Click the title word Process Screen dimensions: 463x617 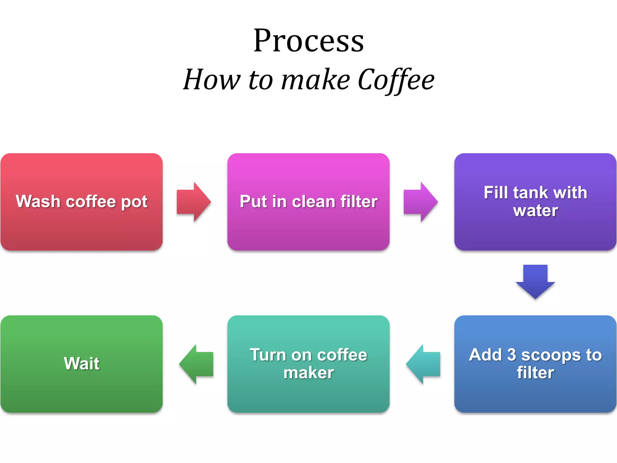pyautogui.click(x=308, y=41)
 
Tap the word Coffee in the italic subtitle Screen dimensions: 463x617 pyautogui.click(x=396, y=80)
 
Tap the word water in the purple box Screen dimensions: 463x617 pyautogui.click(x=535, y=210)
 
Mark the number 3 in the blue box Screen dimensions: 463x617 pyautogui.click(x=512, y=355)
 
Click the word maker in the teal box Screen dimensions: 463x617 pyautogui.click(x=308, y=373)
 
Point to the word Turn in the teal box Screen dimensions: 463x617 pyautogui.click(x=268, y=355)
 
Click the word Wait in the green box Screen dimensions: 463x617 pyautogui.click(x=81, y=364)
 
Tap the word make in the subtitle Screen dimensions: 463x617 pyautogui.click(x=315, y=80)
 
